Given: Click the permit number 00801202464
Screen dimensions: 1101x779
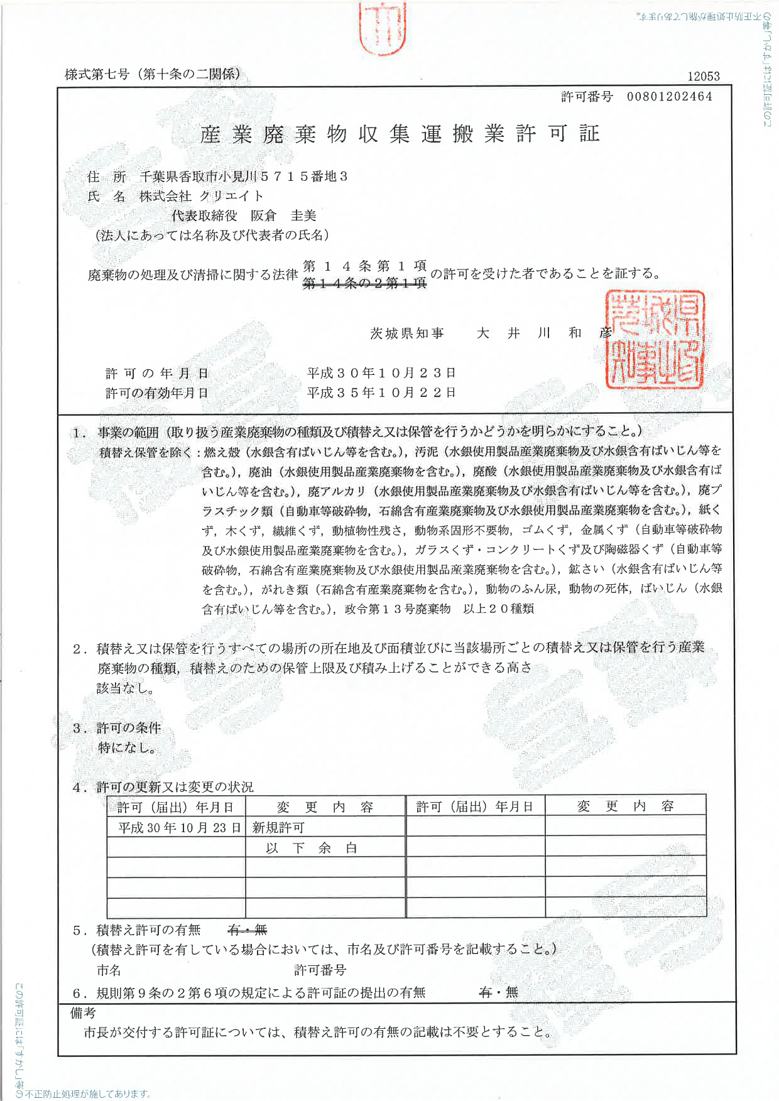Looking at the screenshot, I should pos(669,97).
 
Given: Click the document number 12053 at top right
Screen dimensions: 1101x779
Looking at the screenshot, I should pos(703,77).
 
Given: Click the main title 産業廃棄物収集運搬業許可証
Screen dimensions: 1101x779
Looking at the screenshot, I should pos(400,134).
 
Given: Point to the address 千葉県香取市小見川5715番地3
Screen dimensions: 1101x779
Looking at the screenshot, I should pos(243,176).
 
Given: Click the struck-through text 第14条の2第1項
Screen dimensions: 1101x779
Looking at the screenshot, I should pos(364,284).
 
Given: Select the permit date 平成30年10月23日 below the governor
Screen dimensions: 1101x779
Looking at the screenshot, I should pos(381,373).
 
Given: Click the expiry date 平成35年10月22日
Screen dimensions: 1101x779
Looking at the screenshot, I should pos(381,393).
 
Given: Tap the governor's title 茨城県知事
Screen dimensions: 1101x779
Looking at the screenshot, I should pos(407,334).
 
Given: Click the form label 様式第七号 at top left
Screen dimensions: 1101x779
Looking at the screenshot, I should pos(97,74).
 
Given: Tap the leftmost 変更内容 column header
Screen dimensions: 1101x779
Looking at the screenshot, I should pos(325,807).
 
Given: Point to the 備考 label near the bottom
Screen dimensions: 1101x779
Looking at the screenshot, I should pos(83,1013).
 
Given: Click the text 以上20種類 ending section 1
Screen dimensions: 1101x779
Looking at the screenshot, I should pos(499,609).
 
